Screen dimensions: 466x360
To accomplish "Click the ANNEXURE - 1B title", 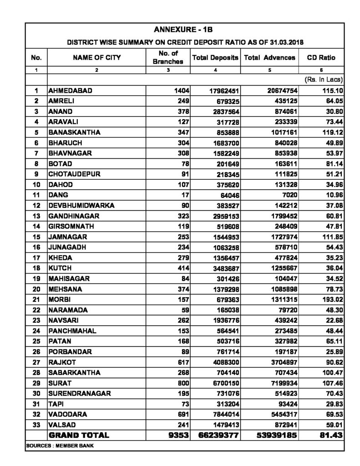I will (180, 30).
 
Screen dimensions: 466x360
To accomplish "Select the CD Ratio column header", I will (321, 58).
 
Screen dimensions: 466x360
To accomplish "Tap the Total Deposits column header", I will (215, 58).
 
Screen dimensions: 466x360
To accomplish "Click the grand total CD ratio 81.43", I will (329, 435).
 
